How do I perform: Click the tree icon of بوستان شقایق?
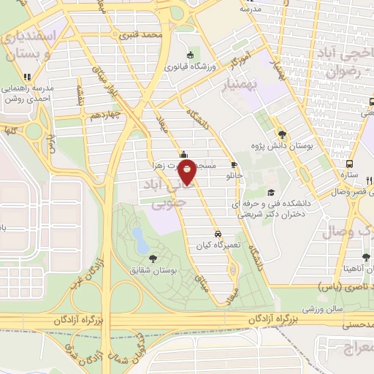[153, 258]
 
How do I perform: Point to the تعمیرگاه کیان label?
[218, 246]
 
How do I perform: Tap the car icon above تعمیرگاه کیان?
[218, 234]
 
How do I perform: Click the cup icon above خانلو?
[234, 164]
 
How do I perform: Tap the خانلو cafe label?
[234, 176]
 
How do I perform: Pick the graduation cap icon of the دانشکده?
[271, 193]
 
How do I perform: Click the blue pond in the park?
[137, 235]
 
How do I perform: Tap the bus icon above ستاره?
[350, 164]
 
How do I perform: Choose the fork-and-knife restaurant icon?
[369, 180]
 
